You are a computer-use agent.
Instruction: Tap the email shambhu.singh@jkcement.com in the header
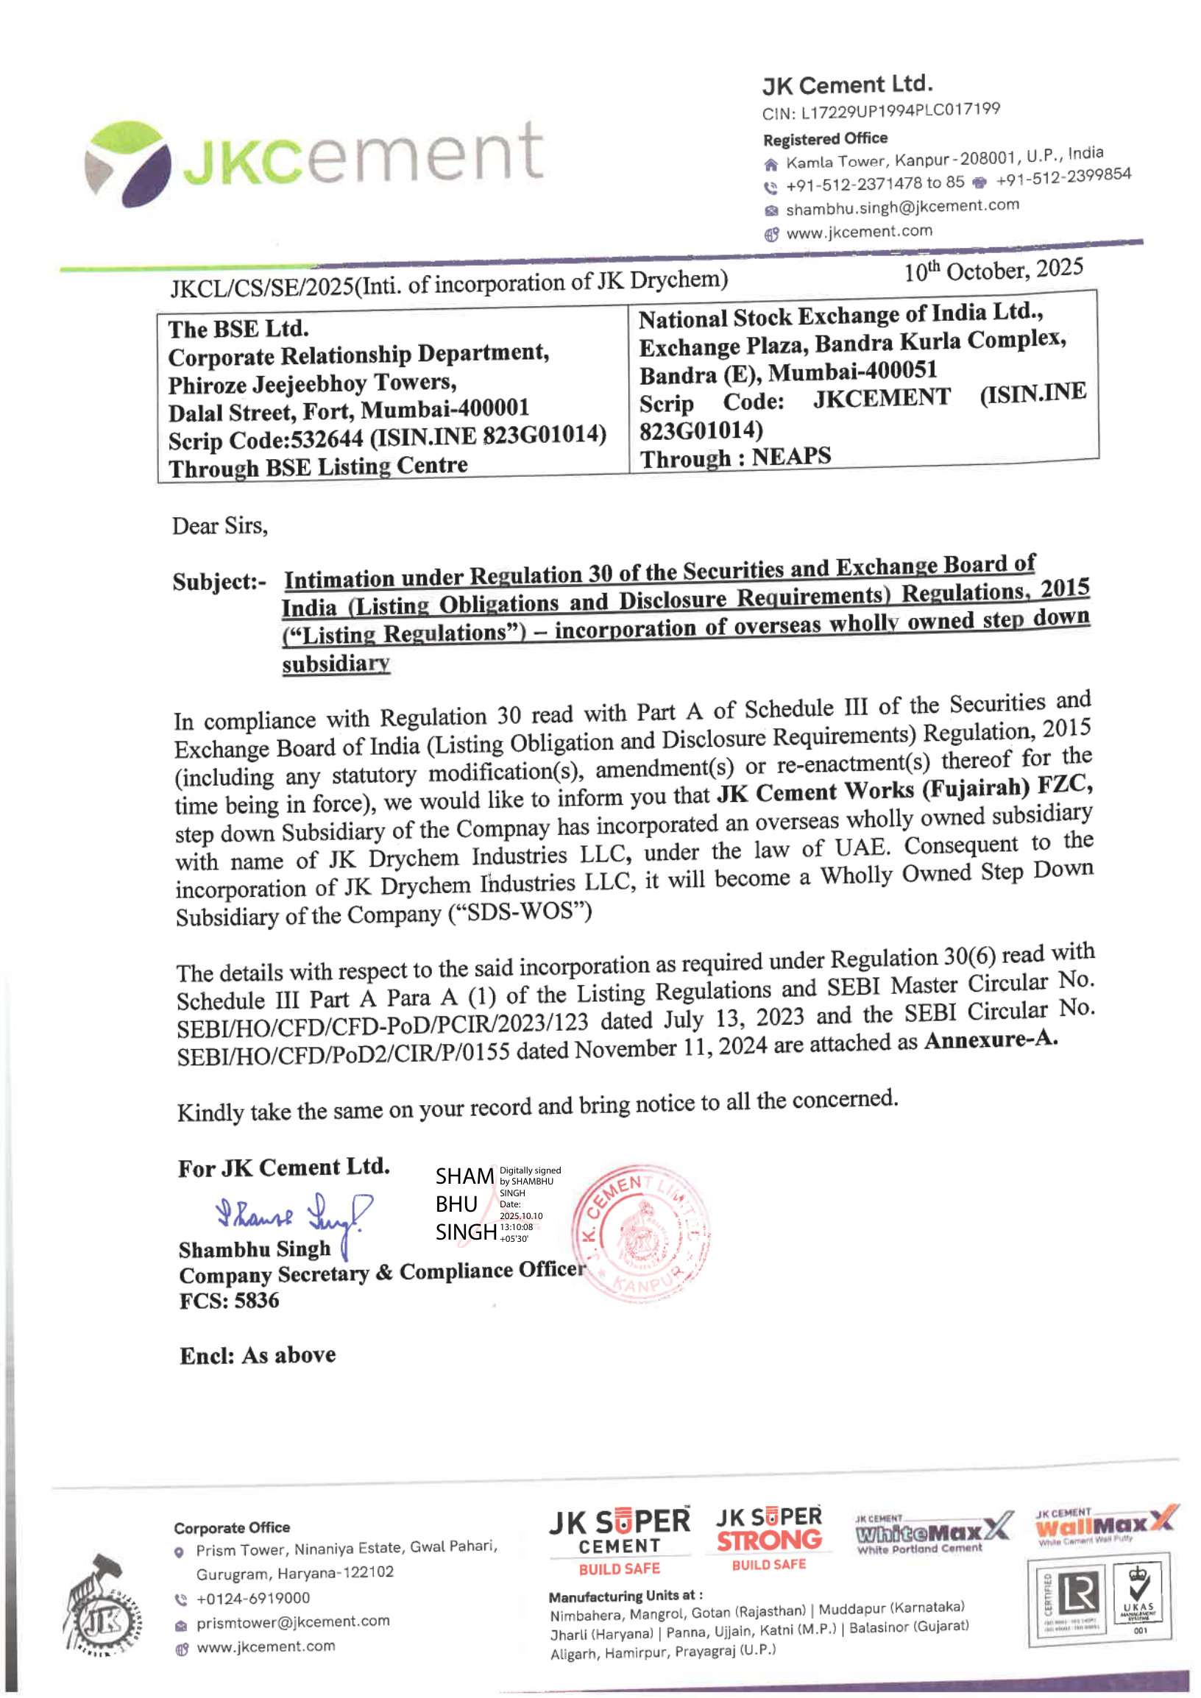pos(901,207)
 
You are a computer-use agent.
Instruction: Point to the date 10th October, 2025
pos(993,270)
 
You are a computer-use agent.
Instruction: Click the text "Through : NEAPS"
pos(735,458)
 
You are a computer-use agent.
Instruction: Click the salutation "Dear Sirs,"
pos(219,526)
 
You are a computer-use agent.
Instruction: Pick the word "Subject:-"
pos(219,582)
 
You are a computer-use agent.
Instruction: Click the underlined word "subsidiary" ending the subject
pos(336,664)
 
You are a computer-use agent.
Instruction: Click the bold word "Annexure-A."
pos(991,1039)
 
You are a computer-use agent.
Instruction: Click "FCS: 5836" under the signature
pos(229,1300)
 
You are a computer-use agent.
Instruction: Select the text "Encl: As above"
pos(258,1355)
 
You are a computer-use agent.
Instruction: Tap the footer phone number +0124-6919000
pos(253,1598)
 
